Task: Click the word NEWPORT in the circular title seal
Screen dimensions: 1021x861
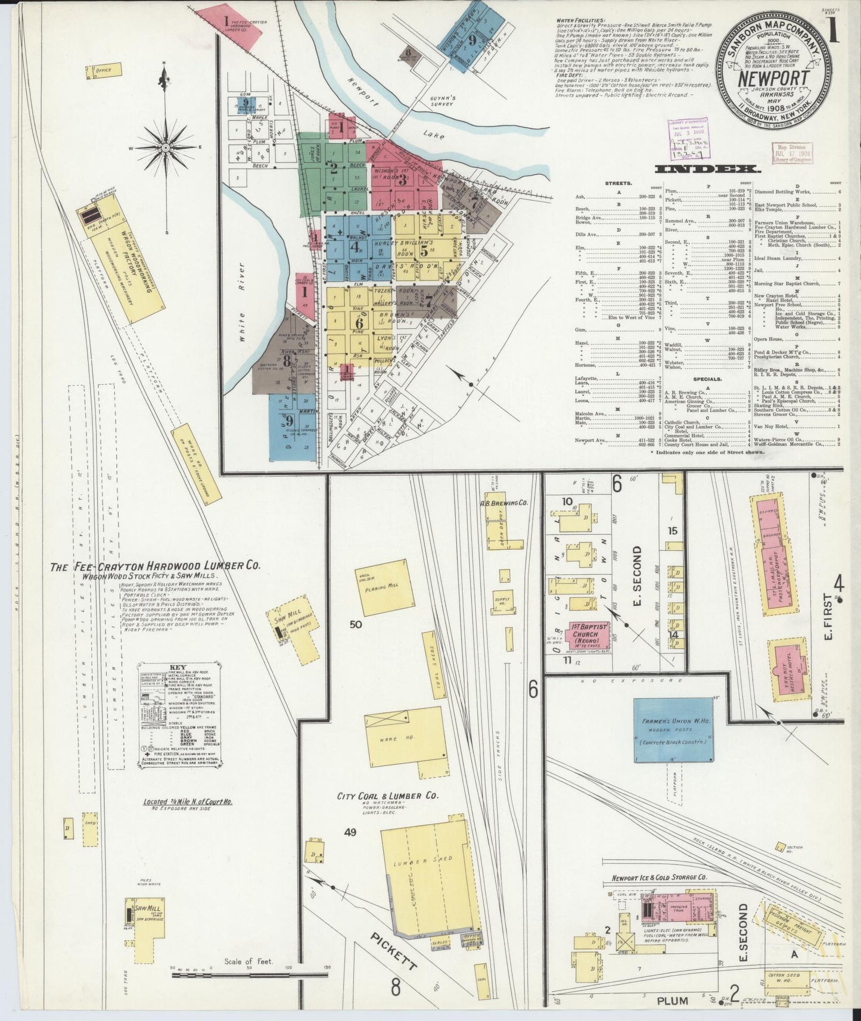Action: coord(774,79)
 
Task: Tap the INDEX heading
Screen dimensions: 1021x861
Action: coord(707,169)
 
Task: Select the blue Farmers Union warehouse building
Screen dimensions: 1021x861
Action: coord(674,729)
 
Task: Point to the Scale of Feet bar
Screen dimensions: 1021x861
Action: coord(250,976)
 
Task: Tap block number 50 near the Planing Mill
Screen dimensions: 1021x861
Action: coord(356,624)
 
